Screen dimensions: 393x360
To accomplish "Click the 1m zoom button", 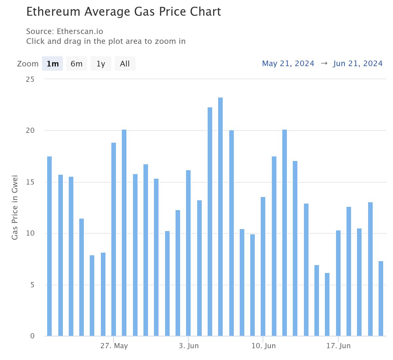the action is pos(52,63).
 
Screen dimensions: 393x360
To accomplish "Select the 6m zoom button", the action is pos(76,63).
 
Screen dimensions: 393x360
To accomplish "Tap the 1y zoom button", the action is pos(101,63).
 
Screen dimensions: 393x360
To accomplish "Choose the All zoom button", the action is pos(125,63).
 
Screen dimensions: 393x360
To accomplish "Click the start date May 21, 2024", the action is pos(288,63).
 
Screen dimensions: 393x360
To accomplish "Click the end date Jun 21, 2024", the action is pos(358,63).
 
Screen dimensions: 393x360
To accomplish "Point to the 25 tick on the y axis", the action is pos(30,79).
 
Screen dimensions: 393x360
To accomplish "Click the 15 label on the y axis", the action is pos(30,182).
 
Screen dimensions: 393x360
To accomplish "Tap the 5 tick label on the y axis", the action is pos(32,285).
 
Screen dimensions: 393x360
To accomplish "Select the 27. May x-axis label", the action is pos(114,346).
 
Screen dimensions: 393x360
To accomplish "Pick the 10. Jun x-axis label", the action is pos(264,346).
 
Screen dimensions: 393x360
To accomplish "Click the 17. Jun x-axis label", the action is pos(338,346).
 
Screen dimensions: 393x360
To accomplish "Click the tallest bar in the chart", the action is pos(220,217).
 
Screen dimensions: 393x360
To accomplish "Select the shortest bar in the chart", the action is pos(327,304).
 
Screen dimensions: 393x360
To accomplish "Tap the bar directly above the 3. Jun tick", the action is pos(188,253).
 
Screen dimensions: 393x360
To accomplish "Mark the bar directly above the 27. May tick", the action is pos(113,239).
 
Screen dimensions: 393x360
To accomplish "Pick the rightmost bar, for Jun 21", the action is pos(381,298).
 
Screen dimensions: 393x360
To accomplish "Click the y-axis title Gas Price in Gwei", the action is pos(15,207).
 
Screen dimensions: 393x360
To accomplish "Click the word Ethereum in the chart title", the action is pos(53,11).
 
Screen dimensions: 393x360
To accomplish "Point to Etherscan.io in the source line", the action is pos(80,31).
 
